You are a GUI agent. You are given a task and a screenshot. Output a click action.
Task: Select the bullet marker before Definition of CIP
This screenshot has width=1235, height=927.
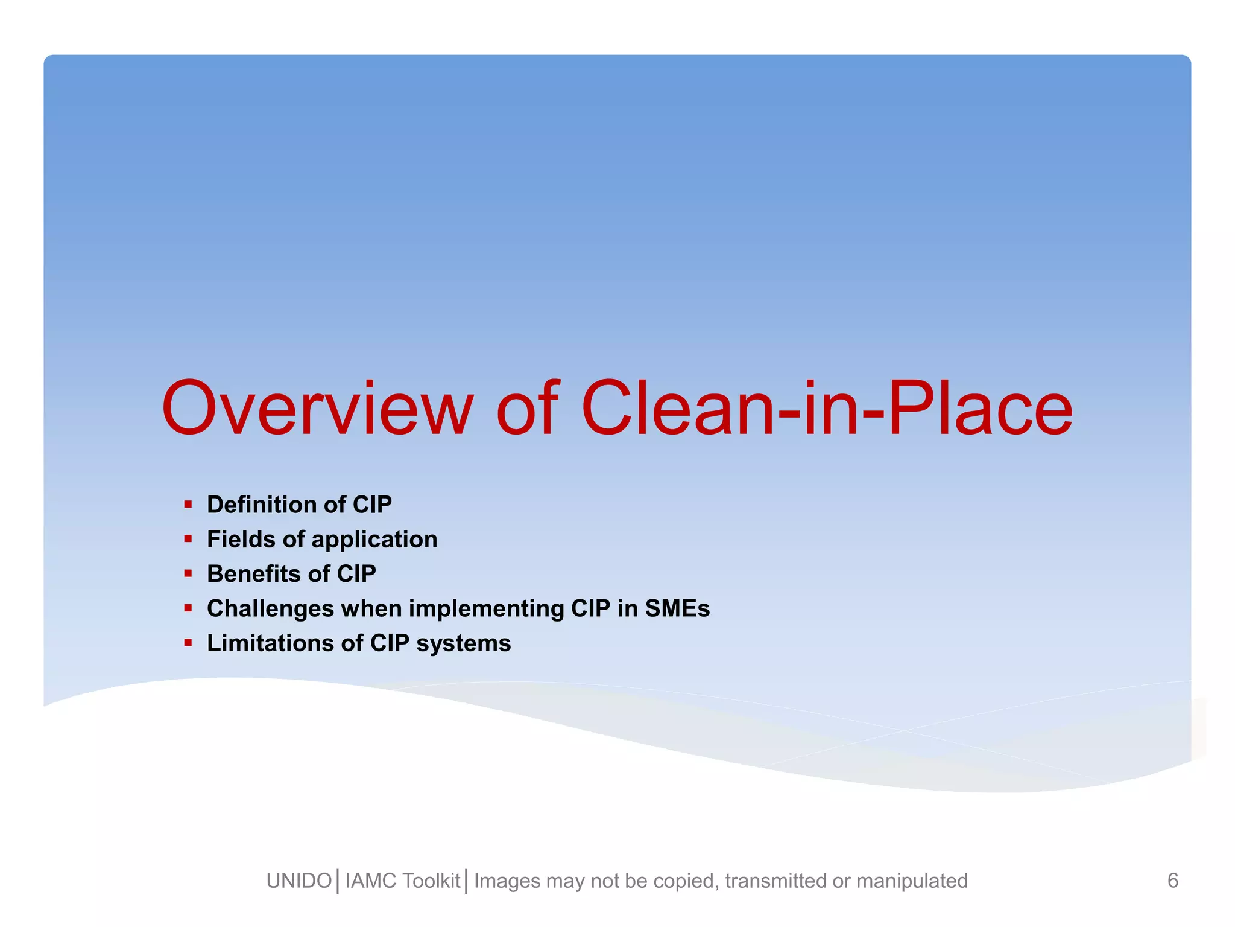[188, 504]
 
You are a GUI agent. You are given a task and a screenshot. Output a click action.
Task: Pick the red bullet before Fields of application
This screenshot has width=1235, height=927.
[188, 538]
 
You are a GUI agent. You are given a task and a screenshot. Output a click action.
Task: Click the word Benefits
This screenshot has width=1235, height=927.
[253, 573]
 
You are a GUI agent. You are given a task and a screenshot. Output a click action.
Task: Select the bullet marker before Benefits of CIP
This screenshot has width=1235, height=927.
[188, 573]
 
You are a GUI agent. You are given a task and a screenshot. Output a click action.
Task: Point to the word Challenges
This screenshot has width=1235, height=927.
[270, 608]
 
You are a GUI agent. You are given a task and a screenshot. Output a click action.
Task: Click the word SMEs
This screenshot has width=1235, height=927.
[677, 608]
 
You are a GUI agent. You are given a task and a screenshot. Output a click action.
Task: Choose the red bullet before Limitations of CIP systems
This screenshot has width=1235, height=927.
[188, 643]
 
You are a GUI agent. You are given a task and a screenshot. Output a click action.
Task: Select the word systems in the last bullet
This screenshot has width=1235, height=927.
[463, 644]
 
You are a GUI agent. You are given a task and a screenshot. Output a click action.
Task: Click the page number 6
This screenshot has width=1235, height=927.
[1172, 881]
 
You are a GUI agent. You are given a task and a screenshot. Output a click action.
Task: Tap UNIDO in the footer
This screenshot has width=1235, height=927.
[299, 881]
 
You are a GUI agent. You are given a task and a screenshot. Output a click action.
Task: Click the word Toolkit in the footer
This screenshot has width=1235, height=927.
[432, 881]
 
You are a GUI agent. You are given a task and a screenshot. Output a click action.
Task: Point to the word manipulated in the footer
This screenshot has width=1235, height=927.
[912, 881]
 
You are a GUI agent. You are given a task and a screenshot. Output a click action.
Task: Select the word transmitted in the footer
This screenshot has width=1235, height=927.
[775, 881]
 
